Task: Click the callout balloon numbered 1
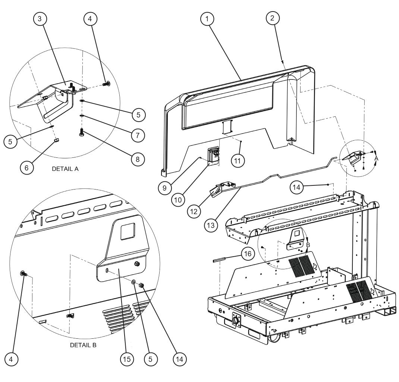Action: click(x=208, y=19)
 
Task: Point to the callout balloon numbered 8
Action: click(x=138, y=158)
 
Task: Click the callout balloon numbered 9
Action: click(x=164, y=188)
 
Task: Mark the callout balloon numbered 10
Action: click(x=179, y=200)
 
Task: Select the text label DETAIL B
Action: click(x=83, y=345)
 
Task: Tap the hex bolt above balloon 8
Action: click(x=82, y=132)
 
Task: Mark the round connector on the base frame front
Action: click(x=236, y=320)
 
